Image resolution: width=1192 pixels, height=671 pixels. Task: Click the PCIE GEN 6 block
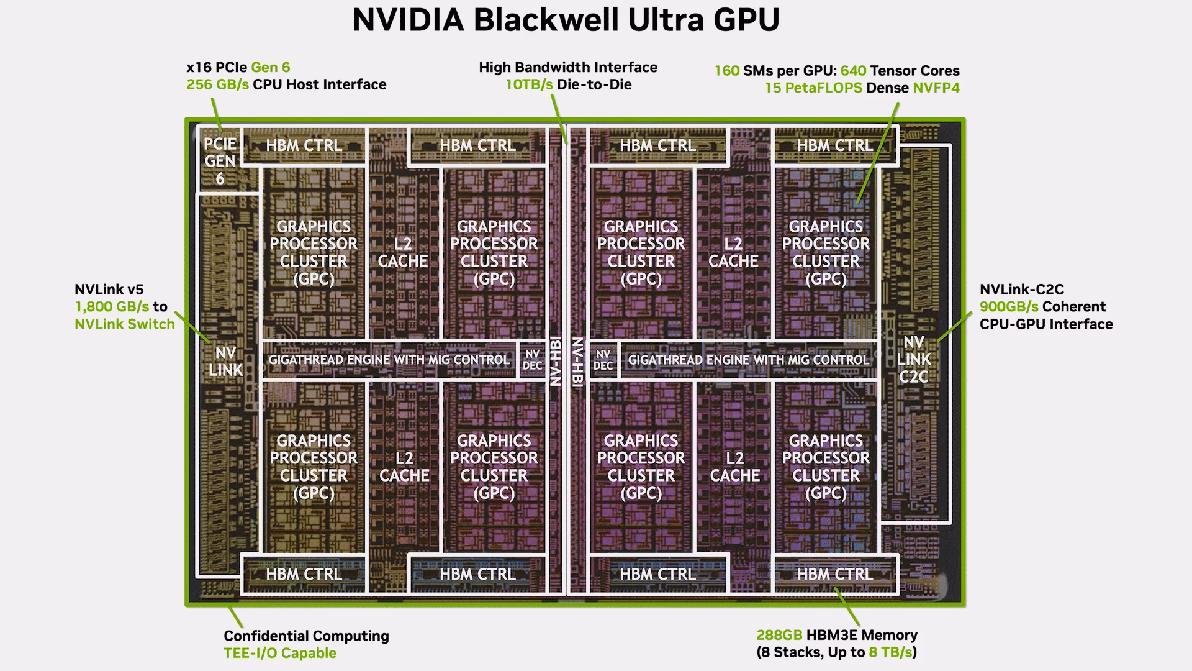pyautogui.click(x=220, y=161)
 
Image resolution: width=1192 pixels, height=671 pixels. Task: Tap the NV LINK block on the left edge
pyautogui.click(x=225, y=361)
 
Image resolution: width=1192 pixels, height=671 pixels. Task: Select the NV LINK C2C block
pyautogui.click(x=914, y=359)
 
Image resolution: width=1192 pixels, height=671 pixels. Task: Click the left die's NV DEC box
pyautogui.click(x=532, y=360)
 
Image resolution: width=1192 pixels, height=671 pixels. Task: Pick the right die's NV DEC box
pyautogui.click(x=603, y=360)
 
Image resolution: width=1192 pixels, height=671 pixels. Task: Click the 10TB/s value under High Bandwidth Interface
pyautogui.click(x=529, y=84)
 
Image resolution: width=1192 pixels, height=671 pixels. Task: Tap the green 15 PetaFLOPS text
pyautogui.click(x=813, y=88)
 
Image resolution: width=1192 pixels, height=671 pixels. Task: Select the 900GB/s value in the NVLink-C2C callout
pyautogui.click(x=1009, y=306)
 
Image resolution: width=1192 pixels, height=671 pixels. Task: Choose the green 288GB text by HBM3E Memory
pyautogui.click(x=779, y=635)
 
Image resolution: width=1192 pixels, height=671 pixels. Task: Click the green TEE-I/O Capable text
pyautogui.click(x=280, y=653)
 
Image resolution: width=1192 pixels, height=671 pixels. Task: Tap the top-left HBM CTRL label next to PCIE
pyautogui.click(x=304, y=145)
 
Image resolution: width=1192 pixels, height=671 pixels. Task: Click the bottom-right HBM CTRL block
pyautogui.click(x=835, y=574)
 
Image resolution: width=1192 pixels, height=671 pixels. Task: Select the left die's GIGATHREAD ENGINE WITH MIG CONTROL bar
pyautogui.click(x=389, y=360)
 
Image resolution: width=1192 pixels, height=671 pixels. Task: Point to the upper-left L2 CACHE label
pyautogui.click(x=403, y=252)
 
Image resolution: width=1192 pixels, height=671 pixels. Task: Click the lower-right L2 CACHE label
pyautogui.click(x=735, y=467)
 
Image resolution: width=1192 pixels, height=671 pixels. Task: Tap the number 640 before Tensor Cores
pyautogui.click(x=853, y=71)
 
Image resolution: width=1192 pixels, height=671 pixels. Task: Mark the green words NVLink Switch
pyautogui.click(x=125, y=324)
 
